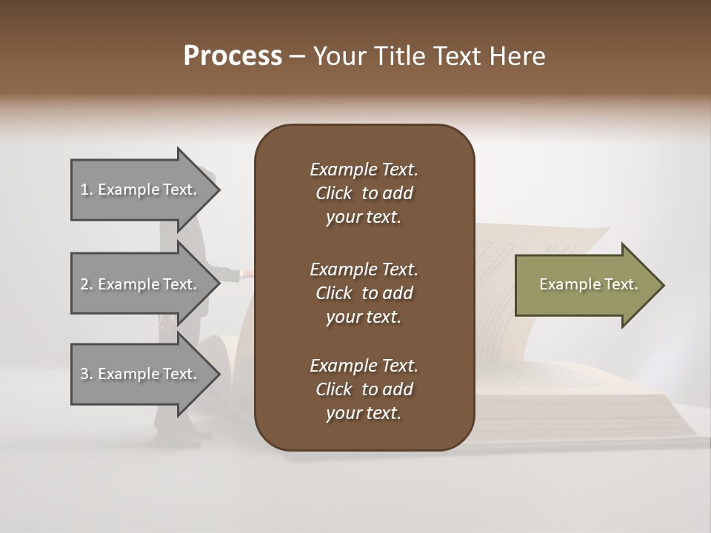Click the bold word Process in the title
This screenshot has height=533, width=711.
[233, 56]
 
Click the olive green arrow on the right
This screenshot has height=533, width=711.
[585, 285]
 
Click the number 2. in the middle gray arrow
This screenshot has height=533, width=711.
[87, 284]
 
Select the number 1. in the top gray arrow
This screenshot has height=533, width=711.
[87, 190]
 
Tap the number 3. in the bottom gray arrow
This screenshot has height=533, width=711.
[87, 374]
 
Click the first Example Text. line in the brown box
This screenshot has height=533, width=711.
[364, 170]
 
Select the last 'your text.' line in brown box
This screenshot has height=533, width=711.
[364, 413]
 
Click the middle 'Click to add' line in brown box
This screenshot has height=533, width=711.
[364, 293]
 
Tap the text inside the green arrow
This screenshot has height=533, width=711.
[588, 284]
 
